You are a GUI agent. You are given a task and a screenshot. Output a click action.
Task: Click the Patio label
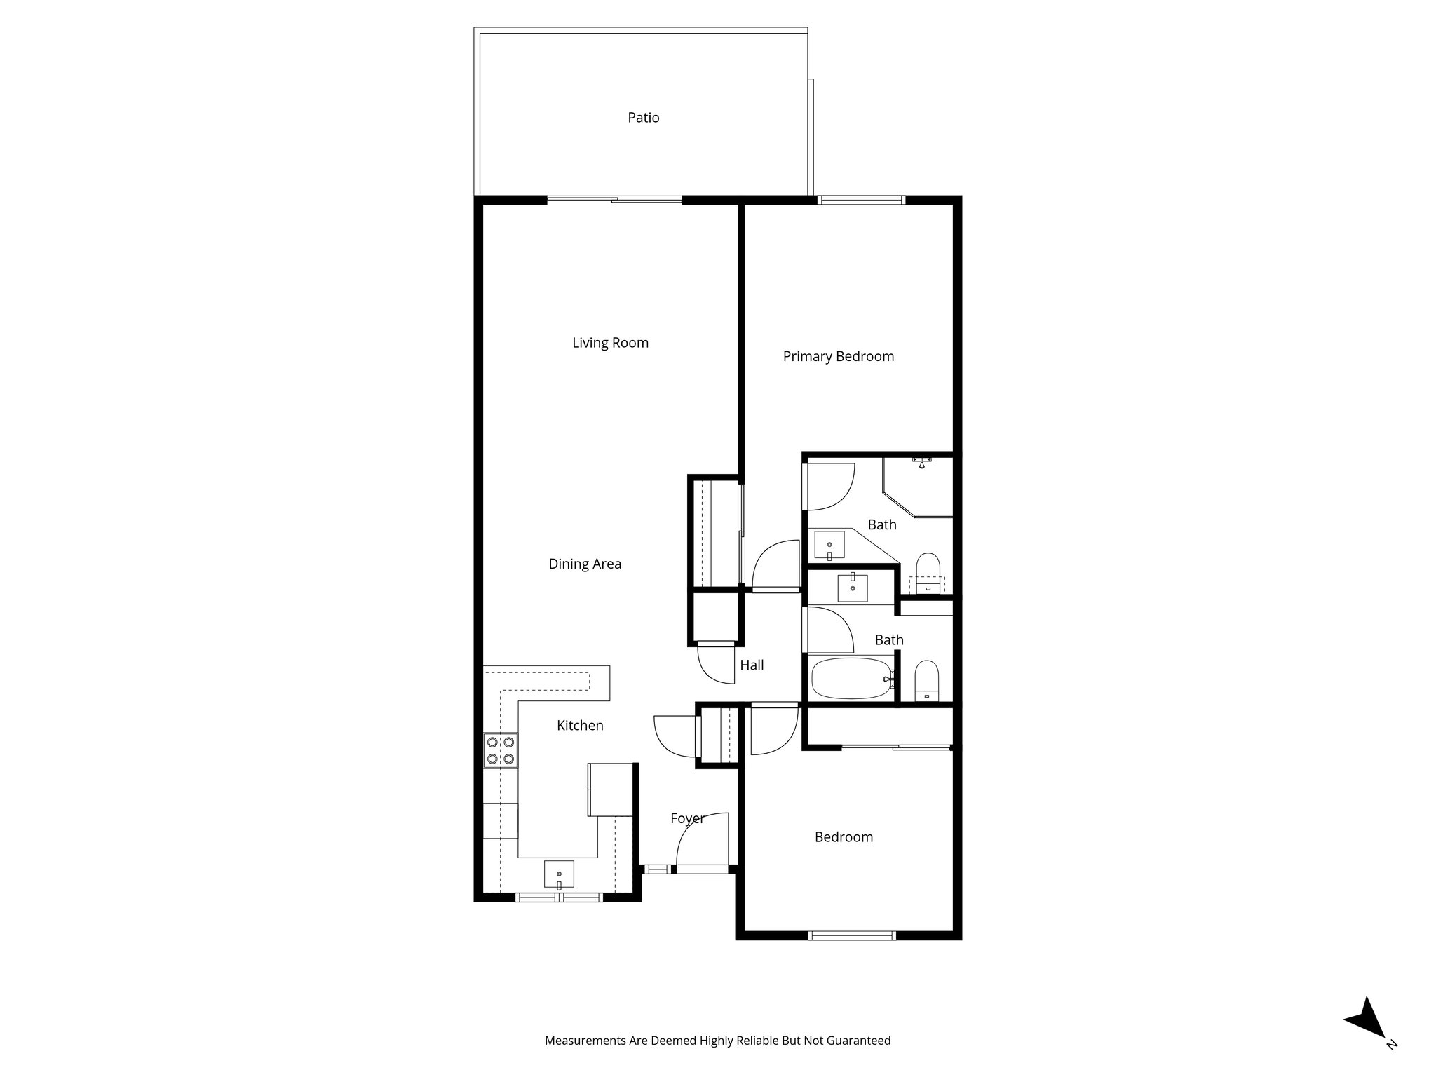click(643, 118)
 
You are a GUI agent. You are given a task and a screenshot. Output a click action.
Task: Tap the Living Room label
click(610, 343)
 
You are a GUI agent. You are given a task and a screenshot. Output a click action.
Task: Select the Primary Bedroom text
click(838, 357)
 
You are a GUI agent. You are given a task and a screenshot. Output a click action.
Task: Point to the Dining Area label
click(585, 564)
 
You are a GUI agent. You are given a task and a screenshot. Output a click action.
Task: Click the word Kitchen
click(580, 726)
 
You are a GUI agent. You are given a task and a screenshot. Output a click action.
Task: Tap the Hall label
click(752, 665)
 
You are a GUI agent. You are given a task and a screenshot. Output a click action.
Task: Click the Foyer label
click(686, 818)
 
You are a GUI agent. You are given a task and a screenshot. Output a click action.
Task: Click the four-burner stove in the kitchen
click(500, 750)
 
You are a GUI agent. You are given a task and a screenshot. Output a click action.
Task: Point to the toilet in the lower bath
click(927, 679)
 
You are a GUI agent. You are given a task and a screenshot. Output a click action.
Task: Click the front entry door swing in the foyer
click(702, 841)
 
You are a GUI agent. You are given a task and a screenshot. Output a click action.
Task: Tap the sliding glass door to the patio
click(614, 201)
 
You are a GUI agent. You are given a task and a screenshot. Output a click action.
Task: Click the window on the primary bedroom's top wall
click(861, 201)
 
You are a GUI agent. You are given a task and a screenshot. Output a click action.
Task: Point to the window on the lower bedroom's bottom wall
click(852, 935)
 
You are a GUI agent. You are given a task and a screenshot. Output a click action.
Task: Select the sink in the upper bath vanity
click(829, 544)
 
